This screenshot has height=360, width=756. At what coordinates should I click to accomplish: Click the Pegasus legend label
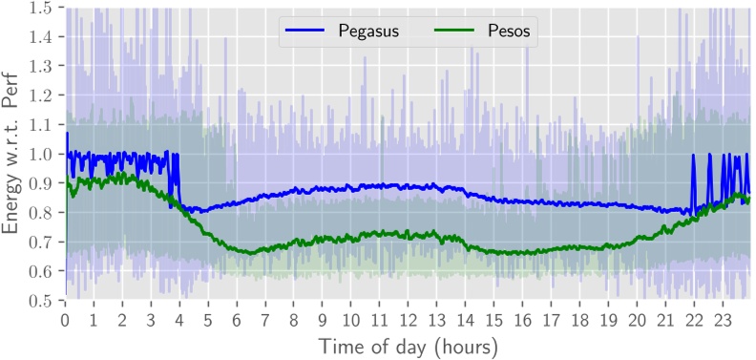tap(367, 32)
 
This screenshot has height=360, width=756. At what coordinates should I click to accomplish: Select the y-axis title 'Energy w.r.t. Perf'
tap(13, 153)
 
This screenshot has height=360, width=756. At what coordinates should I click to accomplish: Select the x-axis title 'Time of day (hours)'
tap(408, 345)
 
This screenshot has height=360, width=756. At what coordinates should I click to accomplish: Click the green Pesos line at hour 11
tap(380, 233)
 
